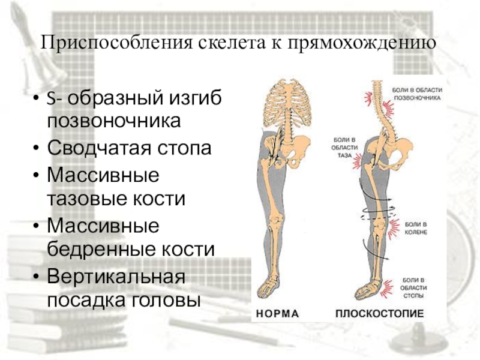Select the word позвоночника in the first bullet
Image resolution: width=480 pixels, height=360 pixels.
(113, 119)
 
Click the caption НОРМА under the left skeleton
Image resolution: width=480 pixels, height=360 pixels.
(278, 313)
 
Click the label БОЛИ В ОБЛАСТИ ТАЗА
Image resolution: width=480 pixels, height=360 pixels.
(344, 147)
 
